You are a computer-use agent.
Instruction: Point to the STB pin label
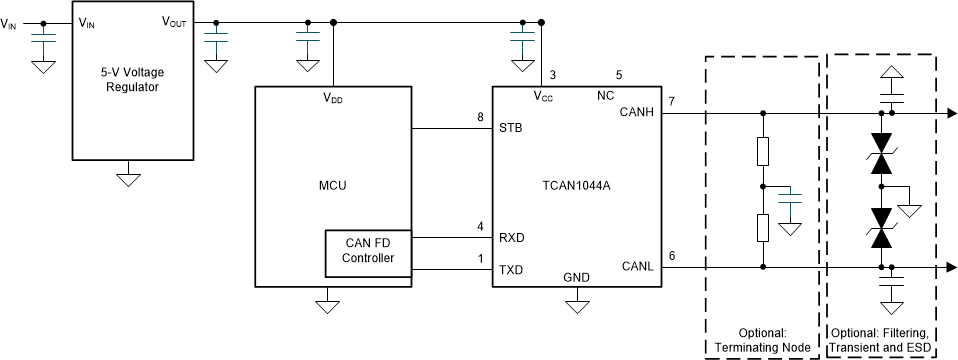[512, 128]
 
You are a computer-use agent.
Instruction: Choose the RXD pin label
[513, 238]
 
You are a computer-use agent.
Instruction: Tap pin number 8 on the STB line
[480, 118]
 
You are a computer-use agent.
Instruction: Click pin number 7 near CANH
[672, 102]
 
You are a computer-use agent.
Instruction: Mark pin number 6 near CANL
[672, 256]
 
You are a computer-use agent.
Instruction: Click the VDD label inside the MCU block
[333, 98]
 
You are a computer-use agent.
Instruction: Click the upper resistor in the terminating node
[763, 152]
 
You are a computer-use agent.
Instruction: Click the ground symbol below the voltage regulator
[128, 179]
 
